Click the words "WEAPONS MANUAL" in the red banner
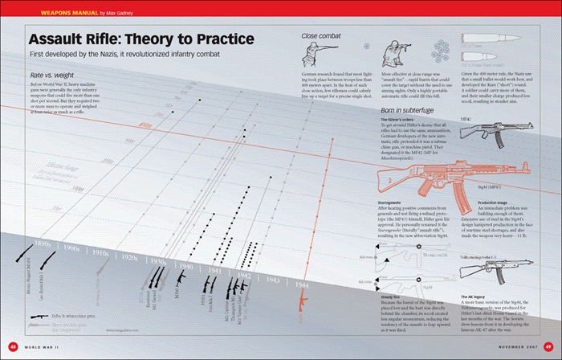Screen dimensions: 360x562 click(x=41, y=13)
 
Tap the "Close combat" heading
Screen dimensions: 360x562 click(x=320, y=35)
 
